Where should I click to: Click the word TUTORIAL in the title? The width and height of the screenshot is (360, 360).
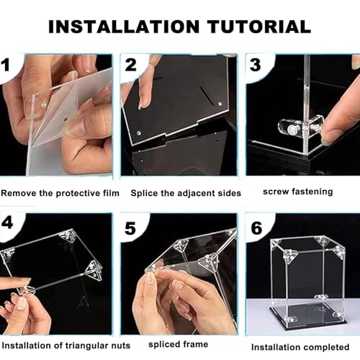click(259, 27)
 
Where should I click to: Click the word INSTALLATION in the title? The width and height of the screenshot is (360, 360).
click(124, 27)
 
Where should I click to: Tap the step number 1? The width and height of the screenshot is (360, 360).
click(5, 65)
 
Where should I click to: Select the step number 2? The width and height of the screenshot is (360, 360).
click(131, 65)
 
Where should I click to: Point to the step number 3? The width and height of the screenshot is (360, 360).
click(255, 65)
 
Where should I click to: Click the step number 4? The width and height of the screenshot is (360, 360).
click(7, 222)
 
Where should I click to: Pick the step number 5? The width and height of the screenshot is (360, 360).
click(130, 228)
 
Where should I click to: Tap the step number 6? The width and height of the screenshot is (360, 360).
click(256, 228)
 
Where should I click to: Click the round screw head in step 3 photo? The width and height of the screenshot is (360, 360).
click(292, 130)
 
